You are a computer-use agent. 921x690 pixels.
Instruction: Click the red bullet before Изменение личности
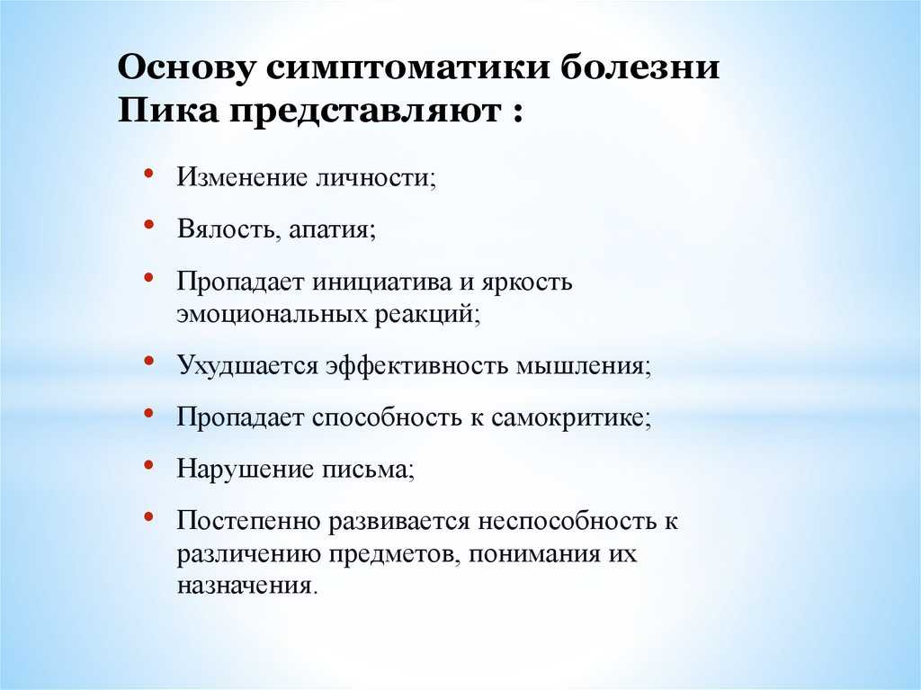point(148,173)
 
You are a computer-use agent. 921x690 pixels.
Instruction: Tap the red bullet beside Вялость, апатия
point(148,224)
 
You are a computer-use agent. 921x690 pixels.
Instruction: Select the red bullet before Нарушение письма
point(148,464)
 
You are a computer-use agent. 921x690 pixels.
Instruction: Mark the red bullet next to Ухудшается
point(148,360)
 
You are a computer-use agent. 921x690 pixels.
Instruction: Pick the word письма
point(368,470)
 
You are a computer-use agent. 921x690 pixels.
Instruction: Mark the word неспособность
point(568,521)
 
